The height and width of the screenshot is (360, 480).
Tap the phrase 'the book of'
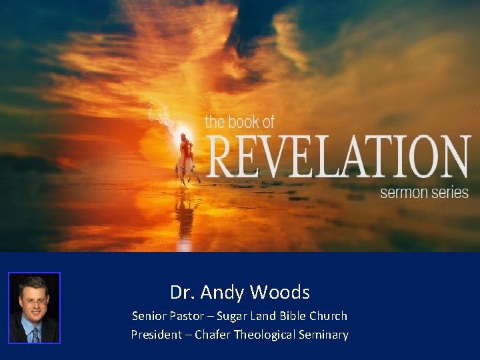click(x=239, y=121)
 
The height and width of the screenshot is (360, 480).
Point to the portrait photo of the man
click(x=34, y=307)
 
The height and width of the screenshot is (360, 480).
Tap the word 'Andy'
click(x=225, y=292)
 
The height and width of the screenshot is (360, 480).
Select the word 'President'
click(x=155, y=334)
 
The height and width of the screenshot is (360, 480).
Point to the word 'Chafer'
click(x=210, y=334)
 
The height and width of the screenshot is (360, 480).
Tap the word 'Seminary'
click(x=325, y=334)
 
